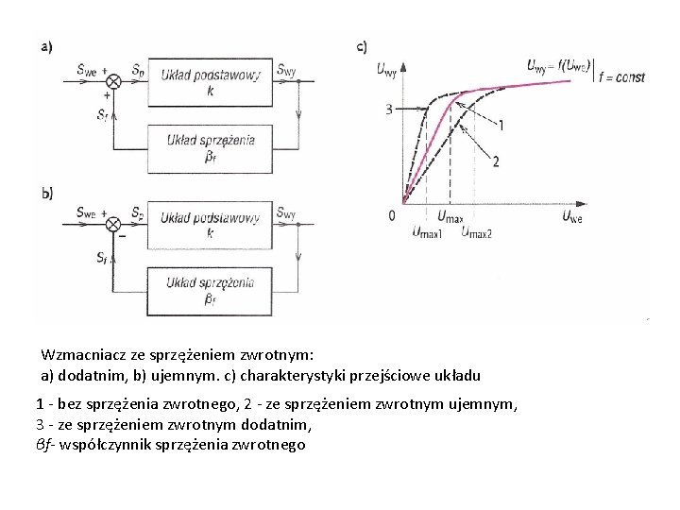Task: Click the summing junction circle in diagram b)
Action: coord(112,224)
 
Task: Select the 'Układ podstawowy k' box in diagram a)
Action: coord(211,82)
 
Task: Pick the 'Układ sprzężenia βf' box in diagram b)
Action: coord(210,289)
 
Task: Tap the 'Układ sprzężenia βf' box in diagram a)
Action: coord(211,146)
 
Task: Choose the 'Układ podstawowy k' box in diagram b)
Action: coord(210,224)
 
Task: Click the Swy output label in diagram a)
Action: coord(286,69)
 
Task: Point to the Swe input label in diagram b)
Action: coord(87,212)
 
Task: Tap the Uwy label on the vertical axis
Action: coord(386,68)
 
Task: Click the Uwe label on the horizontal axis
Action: coord(572,216)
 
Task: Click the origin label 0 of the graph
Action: coord(392,215)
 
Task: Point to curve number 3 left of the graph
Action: coord(388,110)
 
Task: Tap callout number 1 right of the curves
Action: coord(501,125)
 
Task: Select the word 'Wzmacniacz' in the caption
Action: coord(79,355)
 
